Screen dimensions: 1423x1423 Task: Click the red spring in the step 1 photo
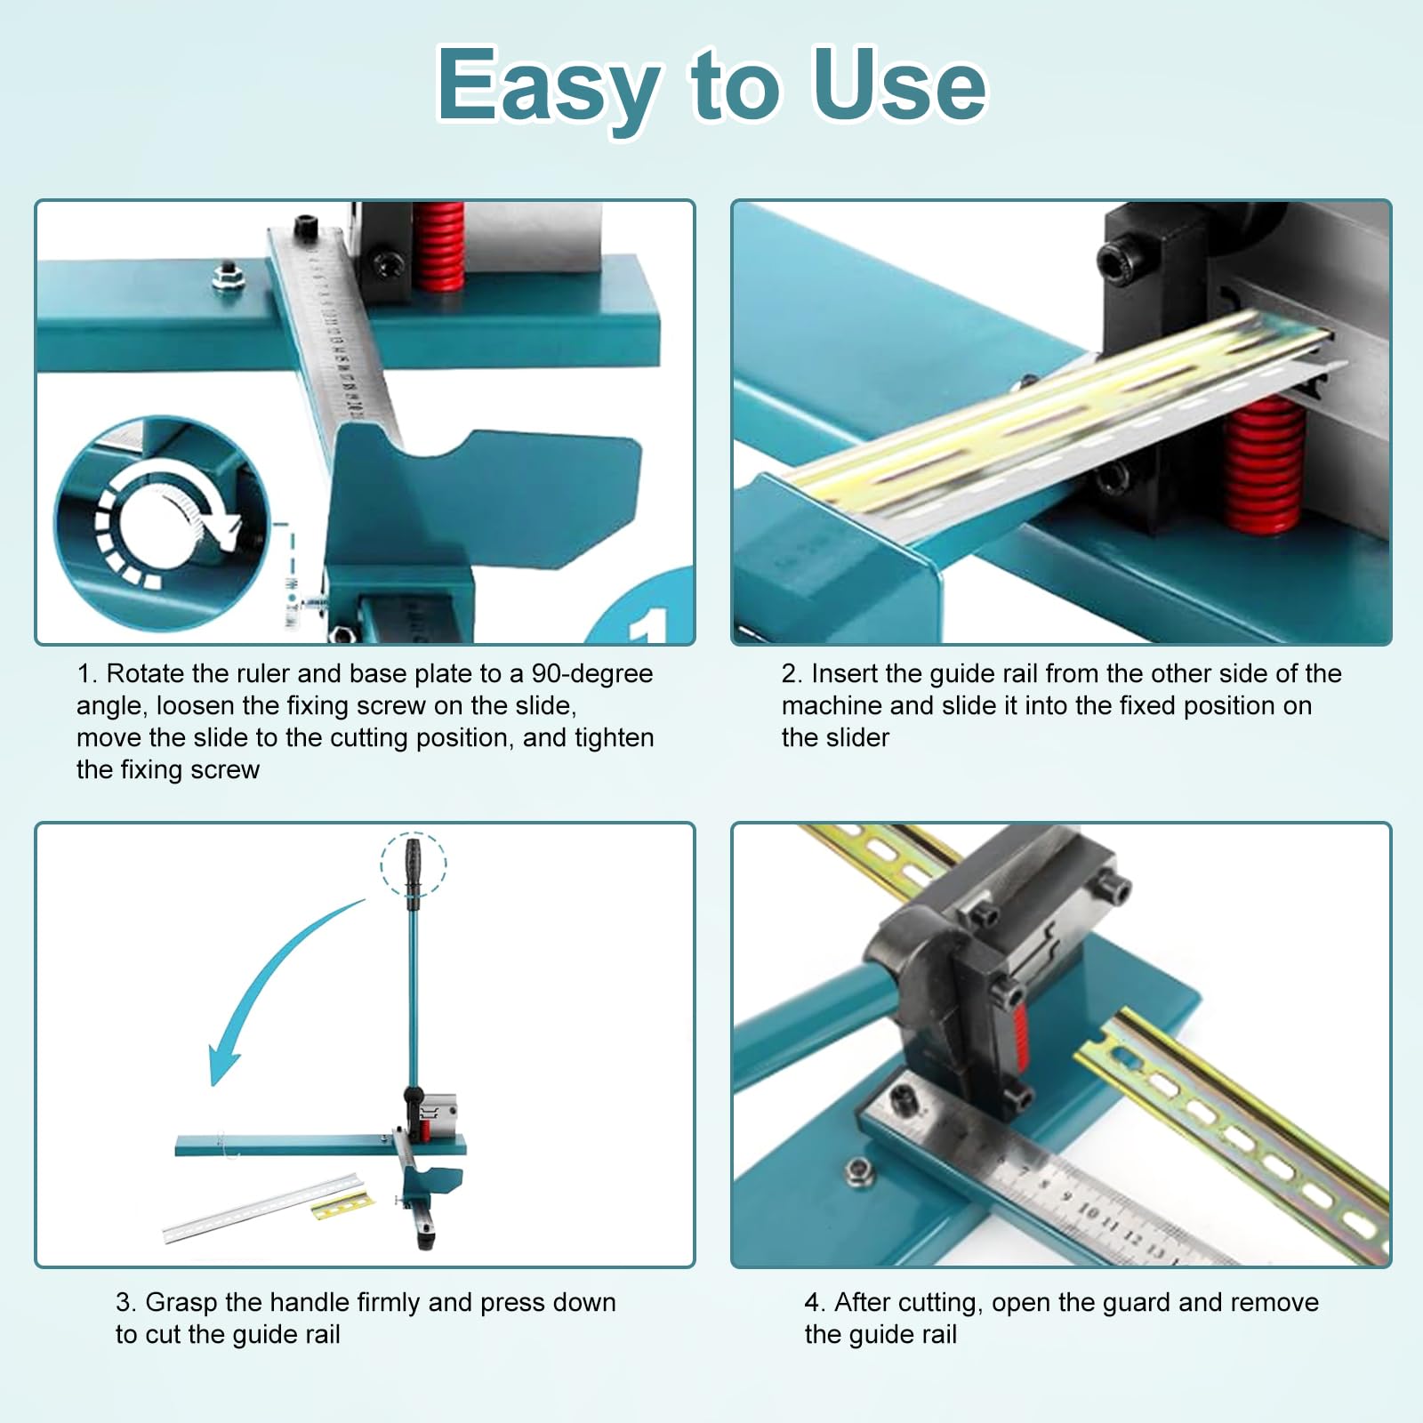coord(438,247)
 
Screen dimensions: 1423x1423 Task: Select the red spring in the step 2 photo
coord(1261,462)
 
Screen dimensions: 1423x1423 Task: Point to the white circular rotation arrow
coord(169,525)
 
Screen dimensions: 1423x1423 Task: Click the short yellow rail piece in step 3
coord(342,1207)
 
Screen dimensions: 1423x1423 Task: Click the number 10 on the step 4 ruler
coord(1087,1211)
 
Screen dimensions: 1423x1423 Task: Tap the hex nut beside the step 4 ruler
coord(859,1171)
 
